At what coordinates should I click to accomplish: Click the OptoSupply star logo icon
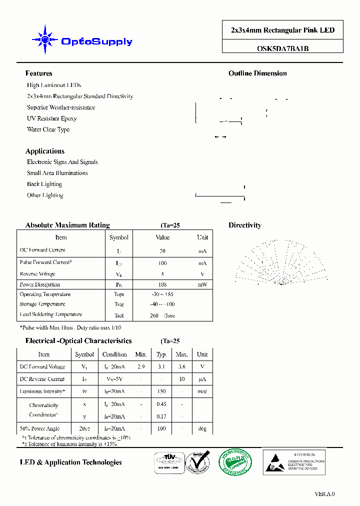coord(44,39)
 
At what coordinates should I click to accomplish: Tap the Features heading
coord(38,73)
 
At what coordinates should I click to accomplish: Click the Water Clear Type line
coord(48,129)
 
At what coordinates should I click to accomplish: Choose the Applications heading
coord(44,151)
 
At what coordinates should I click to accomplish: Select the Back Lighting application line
coord(44,184)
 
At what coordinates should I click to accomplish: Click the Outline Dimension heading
coord(257,73)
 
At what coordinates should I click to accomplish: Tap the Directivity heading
coord(244,225)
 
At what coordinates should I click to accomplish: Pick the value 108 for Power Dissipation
coord(162,284)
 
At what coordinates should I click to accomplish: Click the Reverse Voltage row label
coord(37,274)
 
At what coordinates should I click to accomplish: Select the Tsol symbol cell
coord(118,315)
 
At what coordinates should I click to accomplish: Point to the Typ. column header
coord(161,354)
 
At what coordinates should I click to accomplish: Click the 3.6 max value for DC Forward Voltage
coord(181,366)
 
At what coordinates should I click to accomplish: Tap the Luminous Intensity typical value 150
coord(161,391)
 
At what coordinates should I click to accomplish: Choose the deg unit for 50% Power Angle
coord(202,428)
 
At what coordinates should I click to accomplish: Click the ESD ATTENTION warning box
coord(293,461)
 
